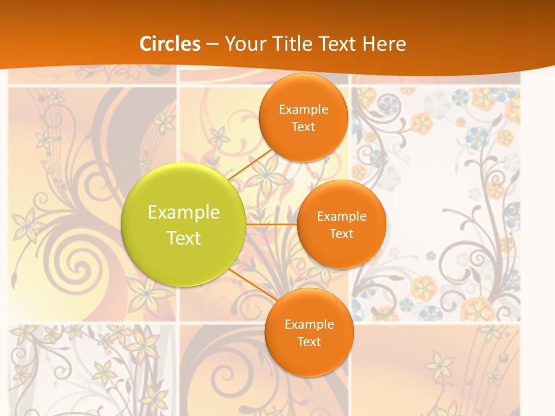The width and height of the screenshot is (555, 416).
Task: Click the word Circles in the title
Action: (x=169, y=44)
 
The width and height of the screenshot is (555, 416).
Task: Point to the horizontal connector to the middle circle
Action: (x=271, y=224)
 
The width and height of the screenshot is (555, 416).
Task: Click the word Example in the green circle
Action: (x=184, y=213)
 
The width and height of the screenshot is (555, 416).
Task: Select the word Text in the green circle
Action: (x=184, y=238)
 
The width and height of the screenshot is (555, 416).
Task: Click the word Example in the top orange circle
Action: (x=304, y=110)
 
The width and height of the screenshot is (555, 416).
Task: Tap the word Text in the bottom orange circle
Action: (x=309, y=342)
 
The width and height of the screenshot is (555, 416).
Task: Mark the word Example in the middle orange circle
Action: (x=342, y=217)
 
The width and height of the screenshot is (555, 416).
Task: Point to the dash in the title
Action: (x=212, y=44)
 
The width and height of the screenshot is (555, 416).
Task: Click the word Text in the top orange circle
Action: (x=303, y=127)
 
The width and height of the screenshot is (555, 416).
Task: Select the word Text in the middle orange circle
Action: (x=341, y=234)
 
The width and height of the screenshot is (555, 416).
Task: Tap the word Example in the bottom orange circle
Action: (x=309, y=325)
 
